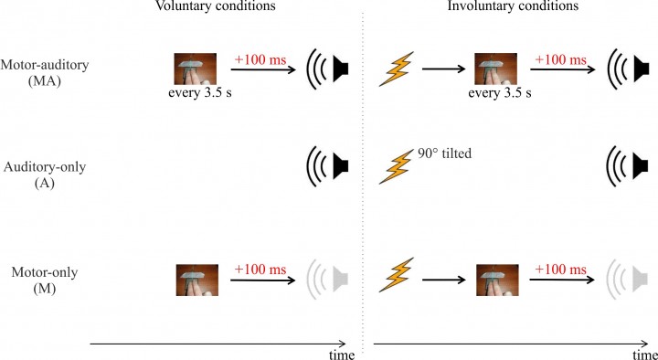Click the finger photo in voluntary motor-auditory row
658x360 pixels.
(196, 69)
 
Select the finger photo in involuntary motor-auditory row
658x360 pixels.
(496, 69)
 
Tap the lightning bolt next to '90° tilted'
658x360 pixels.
(395, 168)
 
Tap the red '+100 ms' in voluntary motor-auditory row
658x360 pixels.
(260, 59)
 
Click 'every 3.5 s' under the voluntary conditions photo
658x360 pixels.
(199, 94)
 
